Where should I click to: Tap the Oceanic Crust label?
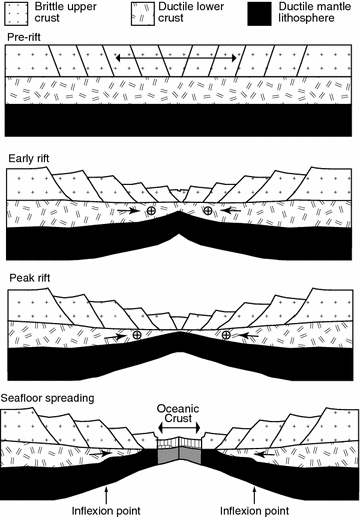[x=180, y=415]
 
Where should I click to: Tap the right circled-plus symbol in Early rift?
[x=208, y=211]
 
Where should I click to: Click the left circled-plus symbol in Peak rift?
[x=137, y=334]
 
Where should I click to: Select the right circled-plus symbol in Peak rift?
[x=227, y=334]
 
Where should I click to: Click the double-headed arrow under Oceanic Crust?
[x=180, y=429]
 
